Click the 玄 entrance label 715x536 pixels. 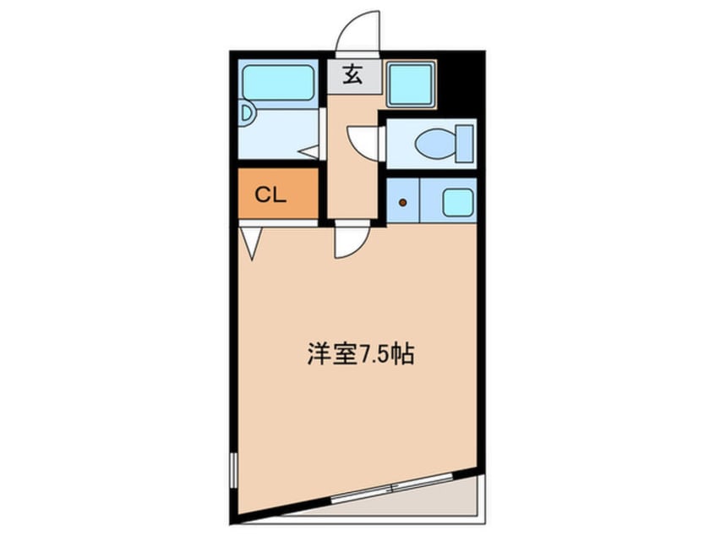353,76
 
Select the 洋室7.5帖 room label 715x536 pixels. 359,355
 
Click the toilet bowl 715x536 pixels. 435,143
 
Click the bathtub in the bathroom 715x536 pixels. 279,81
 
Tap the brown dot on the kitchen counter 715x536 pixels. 402,202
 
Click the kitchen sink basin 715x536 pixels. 457,202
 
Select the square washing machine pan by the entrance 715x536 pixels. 411,83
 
